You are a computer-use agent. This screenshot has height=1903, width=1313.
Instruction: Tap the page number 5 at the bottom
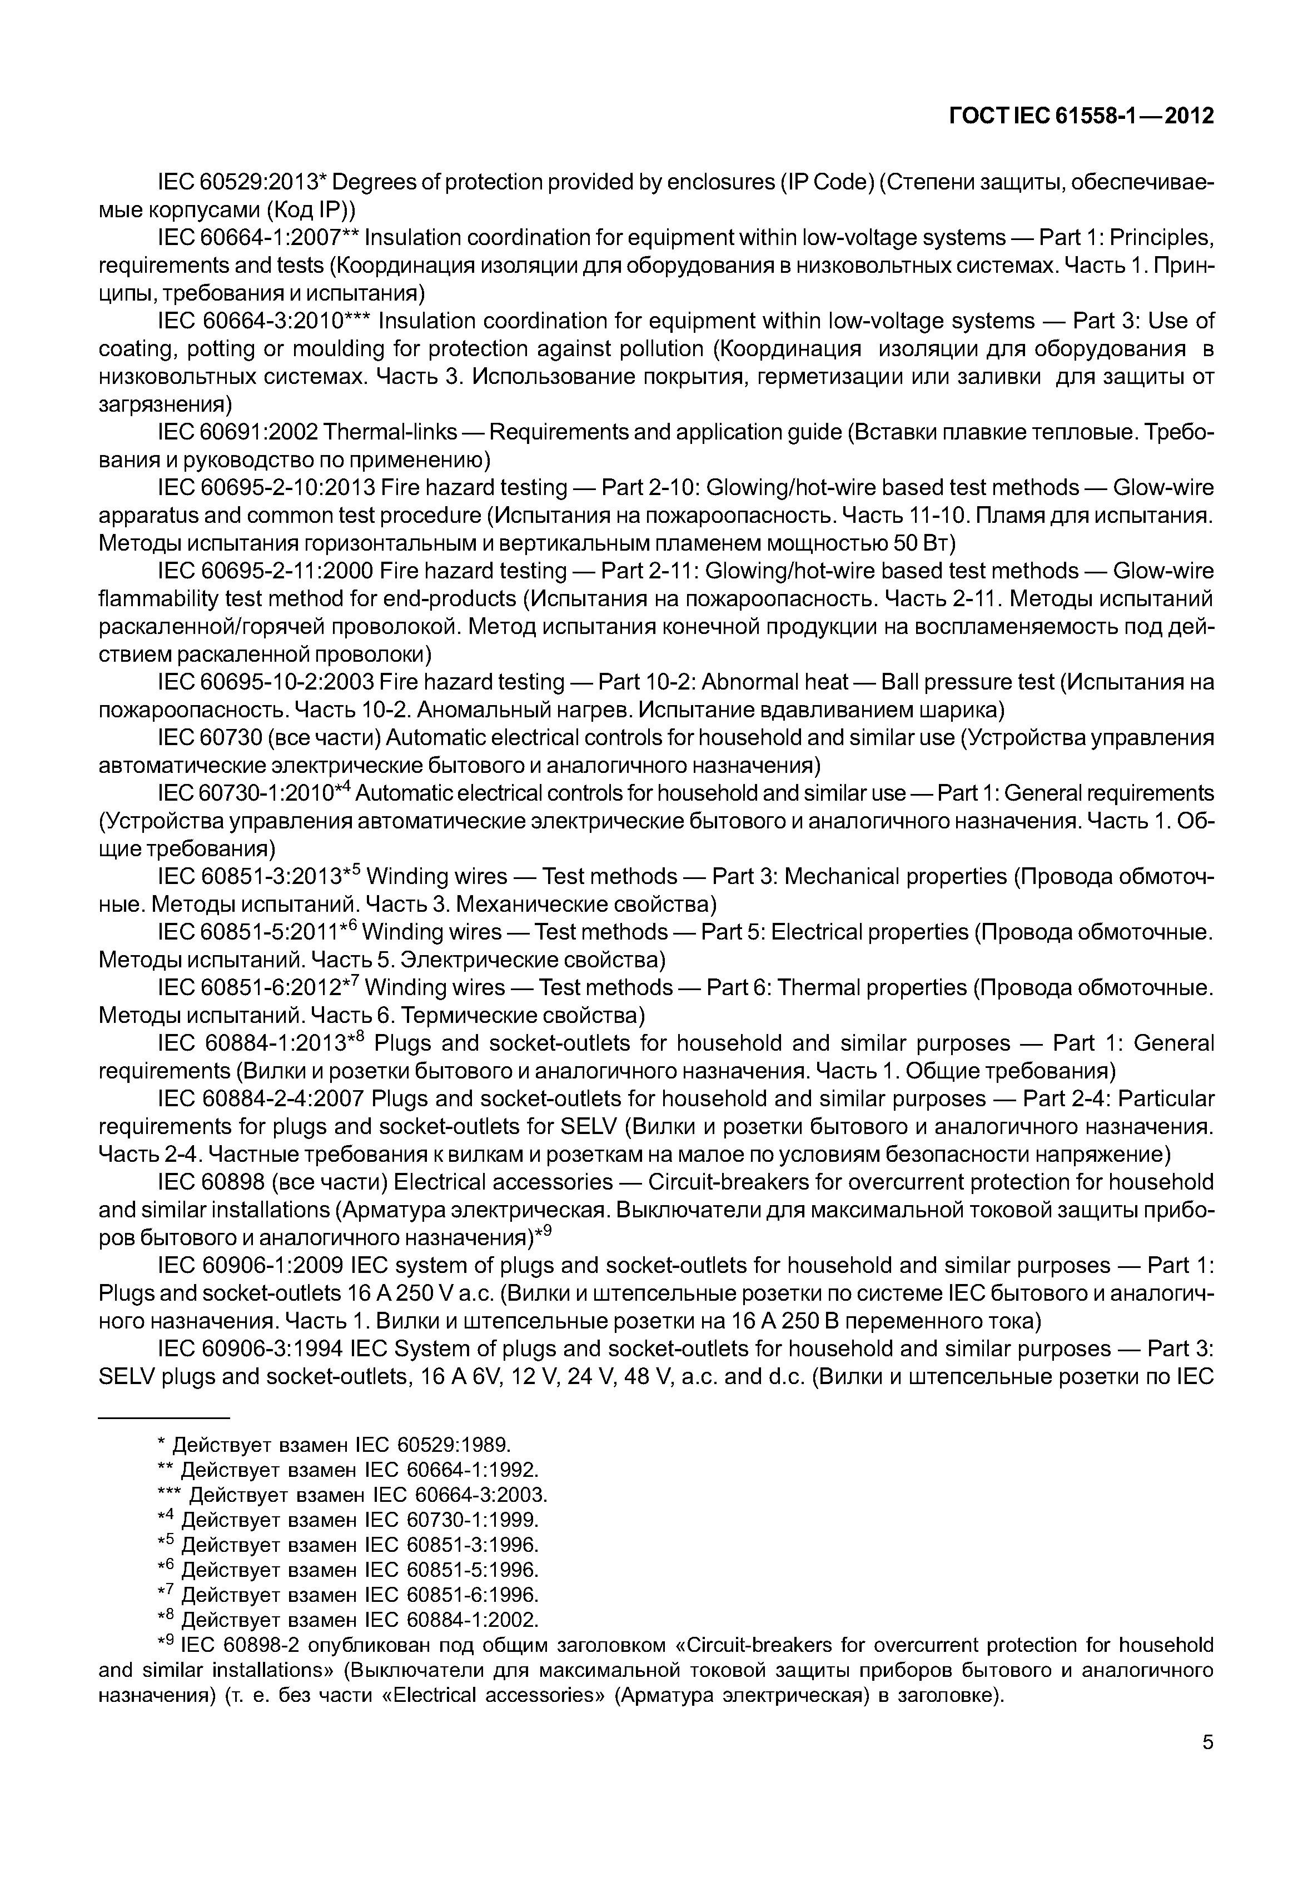(x=1207, y=1764)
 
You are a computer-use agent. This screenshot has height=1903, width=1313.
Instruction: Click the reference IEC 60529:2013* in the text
(x=243, y=182)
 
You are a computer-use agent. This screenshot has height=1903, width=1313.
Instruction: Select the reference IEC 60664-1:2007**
(x=257, y=238)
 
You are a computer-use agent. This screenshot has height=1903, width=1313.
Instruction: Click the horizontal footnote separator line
(x=164, y=1418)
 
